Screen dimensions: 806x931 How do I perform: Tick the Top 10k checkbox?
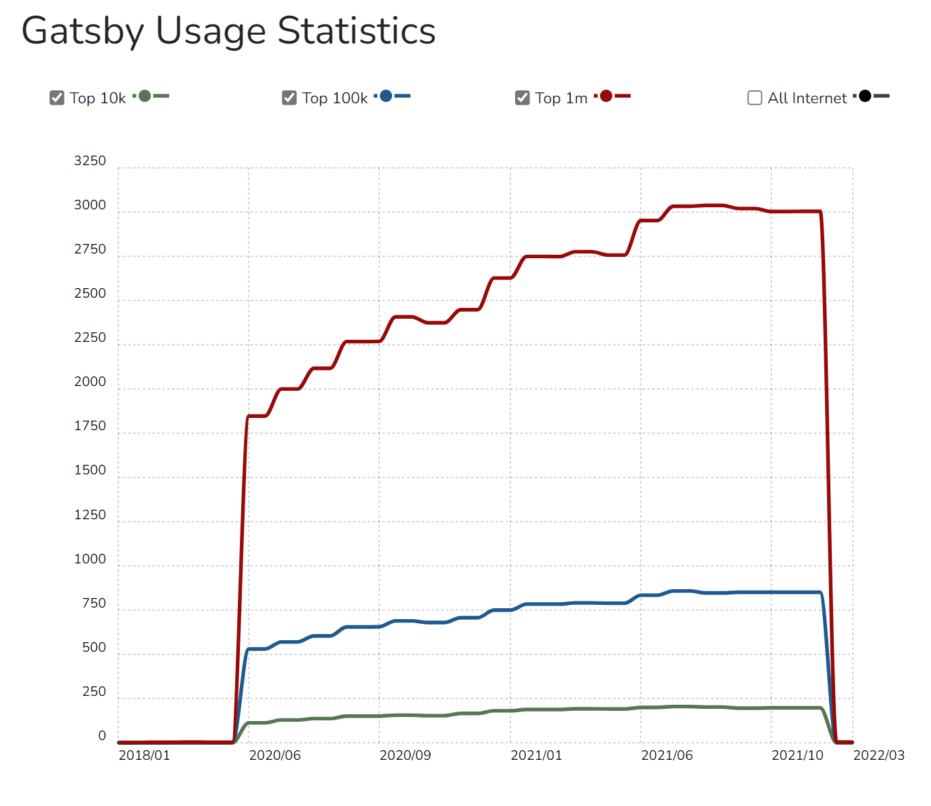click(57, 98)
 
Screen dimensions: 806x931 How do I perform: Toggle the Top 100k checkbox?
click(289, 98)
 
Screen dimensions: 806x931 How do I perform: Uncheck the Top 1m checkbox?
click(523, 98)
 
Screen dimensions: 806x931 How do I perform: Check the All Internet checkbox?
click(755, 98)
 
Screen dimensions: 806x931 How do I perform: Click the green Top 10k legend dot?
click(145, 96)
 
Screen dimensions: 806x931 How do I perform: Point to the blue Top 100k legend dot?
click(386, 96)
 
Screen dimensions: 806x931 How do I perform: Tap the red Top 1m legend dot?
click(606, 96)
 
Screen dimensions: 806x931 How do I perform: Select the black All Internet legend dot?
click(865, 96)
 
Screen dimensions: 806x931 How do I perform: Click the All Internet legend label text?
click(807, 99)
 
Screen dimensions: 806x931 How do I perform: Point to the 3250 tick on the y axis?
click(90, 161)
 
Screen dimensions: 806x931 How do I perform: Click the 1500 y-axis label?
click(90, 470)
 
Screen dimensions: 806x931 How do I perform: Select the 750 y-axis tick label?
click(94, 603)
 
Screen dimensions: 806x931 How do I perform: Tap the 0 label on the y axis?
click(102, 736)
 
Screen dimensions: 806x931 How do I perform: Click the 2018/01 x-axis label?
click(145, 756)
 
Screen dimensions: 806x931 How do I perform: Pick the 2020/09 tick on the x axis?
click(405, 756)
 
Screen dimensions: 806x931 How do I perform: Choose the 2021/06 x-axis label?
click(667, 756)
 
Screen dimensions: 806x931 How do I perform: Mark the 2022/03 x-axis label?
click(879, 756)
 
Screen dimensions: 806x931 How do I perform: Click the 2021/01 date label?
click(536, 756)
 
